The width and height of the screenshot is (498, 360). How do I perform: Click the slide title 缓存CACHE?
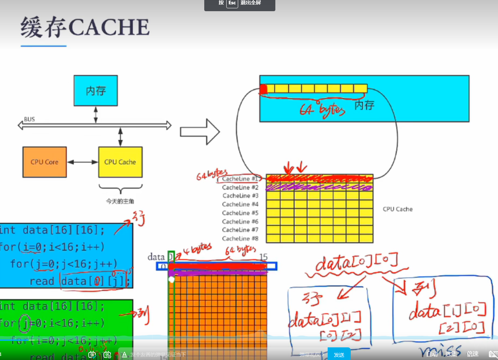point(85,27)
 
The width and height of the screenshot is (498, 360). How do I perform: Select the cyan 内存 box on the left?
point(96,91)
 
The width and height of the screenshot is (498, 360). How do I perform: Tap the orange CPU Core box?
point(44,162)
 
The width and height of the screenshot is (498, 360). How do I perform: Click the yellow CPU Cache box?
point(120,162)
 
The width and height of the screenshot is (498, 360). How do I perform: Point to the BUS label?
point(29,119)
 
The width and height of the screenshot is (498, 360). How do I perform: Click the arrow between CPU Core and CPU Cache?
point(83,162)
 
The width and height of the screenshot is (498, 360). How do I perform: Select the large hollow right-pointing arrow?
point(200,132)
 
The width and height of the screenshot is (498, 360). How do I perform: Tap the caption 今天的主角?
point(120,201)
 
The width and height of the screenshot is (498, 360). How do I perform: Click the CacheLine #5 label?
point(240,213)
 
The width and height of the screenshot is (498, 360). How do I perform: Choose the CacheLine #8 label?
point(240,238)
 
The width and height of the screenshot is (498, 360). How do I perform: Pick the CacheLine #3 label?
point(240,196)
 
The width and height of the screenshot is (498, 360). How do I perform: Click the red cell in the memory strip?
point(263,89)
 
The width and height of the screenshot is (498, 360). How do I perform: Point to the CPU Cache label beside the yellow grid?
point(398,209)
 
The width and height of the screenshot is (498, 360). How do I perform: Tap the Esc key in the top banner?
point(232,3)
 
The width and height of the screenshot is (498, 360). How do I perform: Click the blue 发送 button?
point(339,355)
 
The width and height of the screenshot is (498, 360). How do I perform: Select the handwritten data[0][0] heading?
point(356,263)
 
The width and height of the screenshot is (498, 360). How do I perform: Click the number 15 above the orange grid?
point(263,257)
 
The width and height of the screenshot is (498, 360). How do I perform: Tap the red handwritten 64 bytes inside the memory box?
point(322,109)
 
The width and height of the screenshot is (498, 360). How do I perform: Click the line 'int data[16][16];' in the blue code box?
point(53,230)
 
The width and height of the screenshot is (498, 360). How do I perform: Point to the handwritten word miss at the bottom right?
point(440,351)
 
